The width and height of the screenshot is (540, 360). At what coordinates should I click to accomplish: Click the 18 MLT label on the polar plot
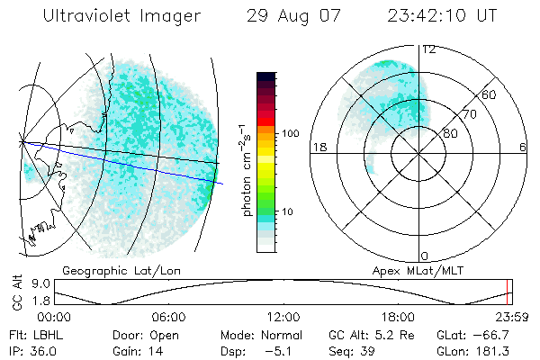pyautogui.click(x=318, y=147)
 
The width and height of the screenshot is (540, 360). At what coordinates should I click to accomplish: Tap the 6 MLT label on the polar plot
pyautogui.click(x=521, y=147)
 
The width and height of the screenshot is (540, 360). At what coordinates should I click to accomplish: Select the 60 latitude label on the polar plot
pyautogui.click(x=490, y=94)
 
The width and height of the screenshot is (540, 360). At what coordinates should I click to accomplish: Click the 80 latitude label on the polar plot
pyautogui.click(x=450, y=133)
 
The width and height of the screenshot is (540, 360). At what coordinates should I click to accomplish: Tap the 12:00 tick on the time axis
pyautogui.click(x=283, y=318)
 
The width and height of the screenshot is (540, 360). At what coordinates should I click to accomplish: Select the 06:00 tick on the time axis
pyautogui.click(x=168, y=318)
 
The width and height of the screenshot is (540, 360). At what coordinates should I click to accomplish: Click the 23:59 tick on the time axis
pyautogui.click(x=509, y=318)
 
